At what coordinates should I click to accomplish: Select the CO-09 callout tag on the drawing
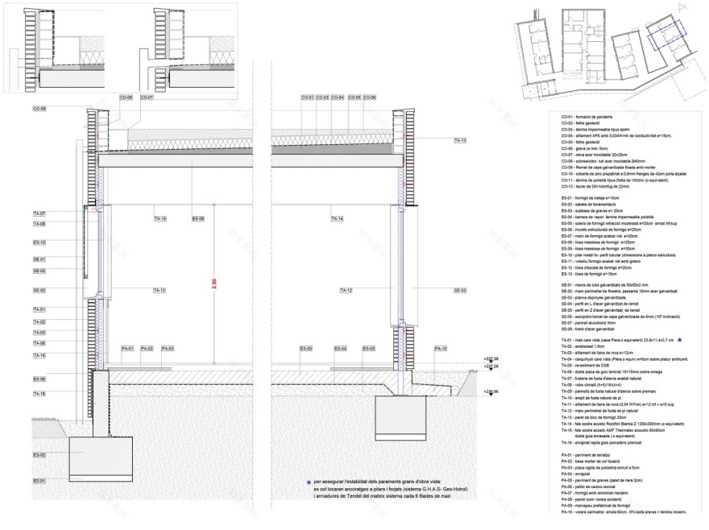pos(39,109)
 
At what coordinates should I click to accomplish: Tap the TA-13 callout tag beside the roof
pos(460,140)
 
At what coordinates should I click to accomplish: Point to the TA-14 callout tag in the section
pos(337,219)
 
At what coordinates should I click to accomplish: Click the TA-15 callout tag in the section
pos(160,219)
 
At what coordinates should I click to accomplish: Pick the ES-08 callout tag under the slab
pos(198,219)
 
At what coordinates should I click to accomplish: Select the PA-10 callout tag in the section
pos(441,349)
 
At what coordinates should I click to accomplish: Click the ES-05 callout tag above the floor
pos(306,349)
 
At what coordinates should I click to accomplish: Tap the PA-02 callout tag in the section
pos(147,349)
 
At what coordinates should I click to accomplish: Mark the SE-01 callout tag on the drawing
pos(39,259)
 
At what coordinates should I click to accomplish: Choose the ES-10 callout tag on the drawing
pos(39,242)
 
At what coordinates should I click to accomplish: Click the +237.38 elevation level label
pos(491,359)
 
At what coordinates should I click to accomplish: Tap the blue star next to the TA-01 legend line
pos(679,342)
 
